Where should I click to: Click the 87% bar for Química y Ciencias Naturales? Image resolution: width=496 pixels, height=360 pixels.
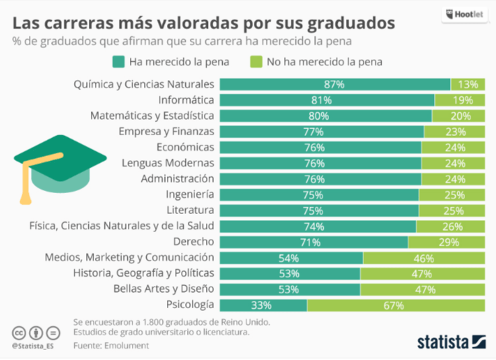point(334,85)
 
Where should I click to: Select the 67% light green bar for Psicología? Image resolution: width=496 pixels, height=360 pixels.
point(395,305)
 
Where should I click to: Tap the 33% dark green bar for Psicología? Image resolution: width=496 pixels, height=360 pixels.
point(263,305)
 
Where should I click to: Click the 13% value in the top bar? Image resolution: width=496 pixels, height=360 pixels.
point(467,85)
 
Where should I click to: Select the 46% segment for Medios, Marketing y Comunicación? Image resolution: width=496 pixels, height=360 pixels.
point(423,258)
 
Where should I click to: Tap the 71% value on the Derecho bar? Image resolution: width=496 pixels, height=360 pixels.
point(314,242)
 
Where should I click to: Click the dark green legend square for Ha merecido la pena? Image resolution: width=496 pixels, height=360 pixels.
point(119,63)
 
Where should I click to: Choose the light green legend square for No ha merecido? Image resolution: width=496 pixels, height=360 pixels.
point(256,63)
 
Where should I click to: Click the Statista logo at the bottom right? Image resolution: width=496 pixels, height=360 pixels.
point(450,340)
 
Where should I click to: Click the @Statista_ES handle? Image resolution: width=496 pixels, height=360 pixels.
point(32,346)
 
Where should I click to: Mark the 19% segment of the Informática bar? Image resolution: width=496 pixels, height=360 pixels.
point(459,100)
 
